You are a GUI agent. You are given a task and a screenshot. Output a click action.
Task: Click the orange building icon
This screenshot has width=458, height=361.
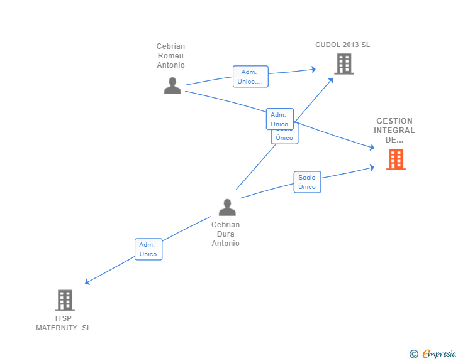tap(395, 159)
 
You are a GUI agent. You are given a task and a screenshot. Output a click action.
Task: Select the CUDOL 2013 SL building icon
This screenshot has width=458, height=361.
tap(343, 64)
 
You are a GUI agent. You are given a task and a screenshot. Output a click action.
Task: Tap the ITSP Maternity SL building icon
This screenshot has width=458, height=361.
tap(64, 300)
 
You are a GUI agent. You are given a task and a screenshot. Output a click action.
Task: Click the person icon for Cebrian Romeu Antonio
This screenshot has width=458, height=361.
tap(172, 85)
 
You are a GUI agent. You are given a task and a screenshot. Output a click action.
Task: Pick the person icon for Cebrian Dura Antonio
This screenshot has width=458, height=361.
tap(227, 207)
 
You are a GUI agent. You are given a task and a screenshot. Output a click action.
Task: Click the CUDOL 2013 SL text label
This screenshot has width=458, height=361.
tap(342, 45)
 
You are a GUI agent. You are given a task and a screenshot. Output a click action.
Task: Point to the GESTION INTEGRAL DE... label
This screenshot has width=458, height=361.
tap(394, 131)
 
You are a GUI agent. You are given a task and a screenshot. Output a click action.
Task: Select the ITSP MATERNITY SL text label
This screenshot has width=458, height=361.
tap(64, 323)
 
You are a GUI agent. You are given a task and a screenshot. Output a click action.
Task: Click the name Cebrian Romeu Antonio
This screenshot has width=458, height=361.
tap(171, 56)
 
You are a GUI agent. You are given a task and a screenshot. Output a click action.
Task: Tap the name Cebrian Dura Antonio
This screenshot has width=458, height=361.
tap(225, 234)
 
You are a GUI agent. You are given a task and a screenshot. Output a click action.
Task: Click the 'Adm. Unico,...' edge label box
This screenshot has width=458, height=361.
tap(250, 77)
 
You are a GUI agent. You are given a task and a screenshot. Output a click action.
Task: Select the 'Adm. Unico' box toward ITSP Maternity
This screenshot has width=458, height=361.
tap(148, 249)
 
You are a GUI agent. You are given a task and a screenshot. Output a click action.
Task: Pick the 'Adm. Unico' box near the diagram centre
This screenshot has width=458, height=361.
tap(279, 119)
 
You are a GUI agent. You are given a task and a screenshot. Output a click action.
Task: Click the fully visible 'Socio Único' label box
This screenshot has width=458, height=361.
tap(307, 182)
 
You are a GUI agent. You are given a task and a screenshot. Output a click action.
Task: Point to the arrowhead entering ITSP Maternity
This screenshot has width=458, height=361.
tap(87, 283)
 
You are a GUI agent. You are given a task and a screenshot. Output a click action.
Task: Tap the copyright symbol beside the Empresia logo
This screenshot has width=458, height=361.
tap(413, 354)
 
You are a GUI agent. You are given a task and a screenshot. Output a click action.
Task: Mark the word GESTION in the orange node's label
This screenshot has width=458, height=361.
tap(394, 121)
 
